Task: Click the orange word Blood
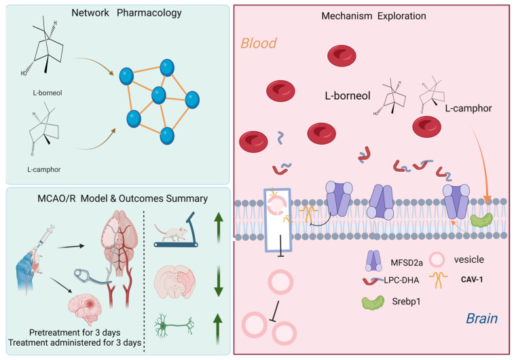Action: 259,43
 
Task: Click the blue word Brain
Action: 482,319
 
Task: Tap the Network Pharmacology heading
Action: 126,13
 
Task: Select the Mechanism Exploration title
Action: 373,16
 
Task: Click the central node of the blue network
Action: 159,95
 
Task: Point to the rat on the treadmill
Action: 171,232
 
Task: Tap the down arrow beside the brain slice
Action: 219,281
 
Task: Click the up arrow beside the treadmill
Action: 219,228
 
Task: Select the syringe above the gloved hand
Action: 47,234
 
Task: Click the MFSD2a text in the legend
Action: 407,263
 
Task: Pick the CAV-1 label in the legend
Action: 472,280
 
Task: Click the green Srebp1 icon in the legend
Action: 373,303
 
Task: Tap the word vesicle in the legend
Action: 469,259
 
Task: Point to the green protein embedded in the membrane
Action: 482,220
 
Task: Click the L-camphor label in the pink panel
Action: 469,108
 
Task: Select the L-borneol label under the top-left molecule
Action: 48,93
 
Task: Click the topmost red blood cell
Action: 342,56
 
